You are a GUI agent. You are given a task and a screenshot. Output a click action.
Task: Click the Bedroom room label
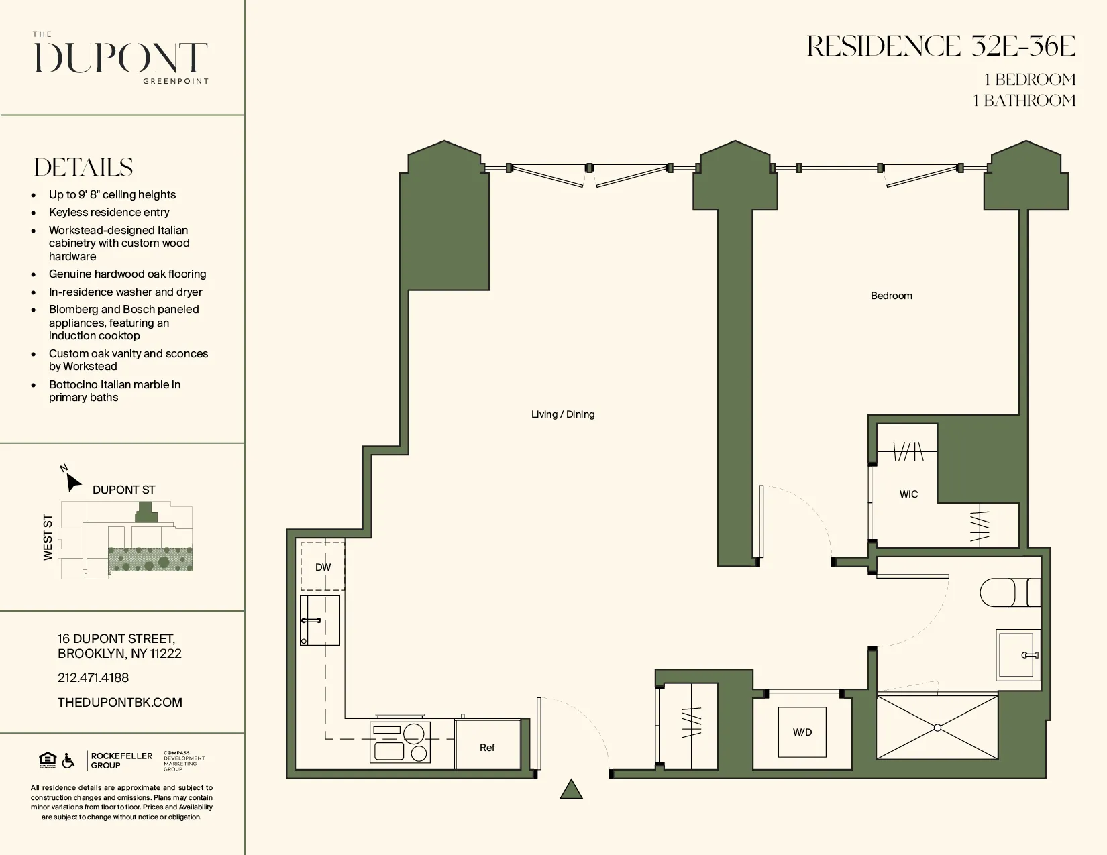[891, 296]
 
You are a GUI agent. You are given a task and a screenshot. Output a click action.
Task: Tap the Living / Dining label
[562, 414]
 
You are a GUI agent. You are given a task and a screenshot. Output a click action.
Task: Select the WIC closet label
[908, 494]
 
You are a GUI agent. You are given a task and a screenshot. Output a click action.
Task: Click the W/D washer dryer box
[802, 732]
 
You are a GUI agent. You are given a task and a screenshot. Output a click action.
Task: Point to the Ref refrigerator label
[487, 748]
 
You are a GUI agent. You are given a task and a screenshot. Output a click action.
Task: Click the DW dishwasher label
[323, 567]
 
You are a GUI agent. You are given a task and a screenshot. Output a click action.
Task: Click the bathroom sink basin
[1016, 654]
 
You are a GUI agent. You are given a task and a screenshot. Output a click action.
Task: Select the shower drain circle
[937, 728]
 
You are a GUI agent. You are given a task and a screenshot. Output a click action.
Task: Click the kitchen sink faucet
[311, 621]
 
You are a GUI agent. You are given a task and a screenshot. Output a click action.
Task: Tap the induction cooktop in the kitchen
[400, 742]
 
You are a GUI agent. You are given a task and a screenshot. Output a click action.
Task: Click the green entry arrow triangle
[571, 790]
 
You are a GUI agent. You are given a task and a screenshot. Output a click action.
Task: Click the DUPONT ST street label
[123, 490]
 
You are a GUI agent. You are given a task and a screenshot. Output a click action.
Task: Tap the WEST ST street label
[48, 537]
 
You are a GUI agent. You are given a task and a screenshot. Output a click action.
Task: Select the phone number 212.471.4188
[93, 678]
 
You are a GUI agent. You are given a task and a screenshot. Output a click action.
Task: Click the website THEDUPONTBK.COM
[119, 703]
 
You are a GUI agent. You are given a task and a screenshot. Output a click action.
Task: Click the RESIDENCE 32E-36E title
[941, 47]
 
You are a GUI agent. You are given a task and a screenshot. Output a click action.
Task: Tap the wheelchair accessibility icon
[68, 761]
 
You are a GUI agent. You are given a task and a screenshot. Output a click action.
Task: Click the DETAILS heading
[83, 168]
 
